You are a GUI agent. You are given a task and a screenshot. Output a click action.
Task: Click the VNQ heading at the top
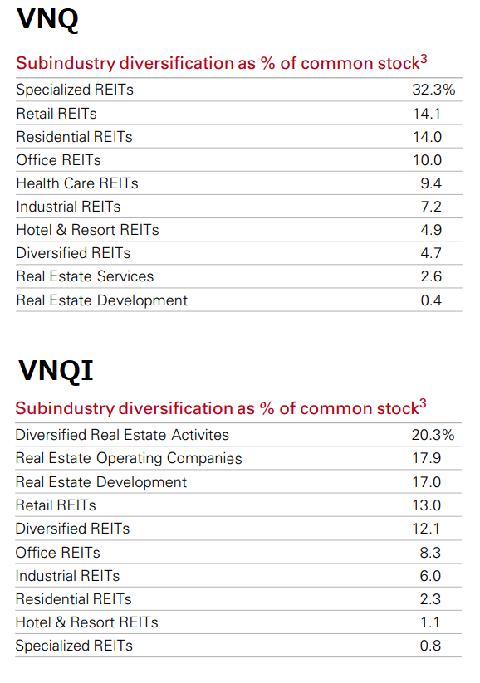47,18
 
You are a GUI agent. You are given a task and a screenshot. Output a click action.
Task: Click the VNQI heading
54,371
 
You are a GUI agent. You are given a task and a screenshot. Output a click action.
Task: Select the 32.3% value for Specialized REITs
433,90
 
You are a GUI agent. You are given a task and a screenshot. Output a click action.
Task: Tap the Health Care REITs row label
76,183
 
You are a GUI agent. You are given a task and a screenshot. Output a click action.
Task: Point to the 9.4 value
431,183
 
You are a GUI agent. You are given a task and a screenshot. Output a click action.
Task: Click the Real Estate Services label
85,276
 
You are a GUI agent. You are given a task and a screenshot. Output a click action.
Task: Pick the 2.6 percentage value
431,276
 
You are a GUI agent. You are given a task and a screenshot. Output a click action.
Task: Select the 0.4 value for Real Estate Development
431,300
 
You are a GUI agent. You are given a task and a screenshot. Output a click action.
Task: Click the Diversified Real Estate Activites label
122,435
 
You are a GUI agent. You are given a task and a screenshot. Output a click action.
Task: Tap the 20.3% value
433,435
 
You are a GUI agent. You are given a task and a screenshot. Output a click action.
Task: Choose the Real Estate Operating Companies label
129,458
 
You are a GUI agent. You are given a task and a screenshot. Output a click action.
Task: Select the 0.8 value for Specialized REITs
431,646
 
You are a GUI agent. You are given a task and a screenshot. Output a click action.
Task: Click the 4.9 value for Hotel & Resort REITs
431,230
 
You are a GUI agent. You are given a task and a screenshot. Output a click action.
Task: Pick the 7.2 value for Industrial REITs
431,207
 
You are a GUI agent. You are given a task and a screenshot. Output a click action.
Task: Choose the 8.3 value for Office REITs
431,552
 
